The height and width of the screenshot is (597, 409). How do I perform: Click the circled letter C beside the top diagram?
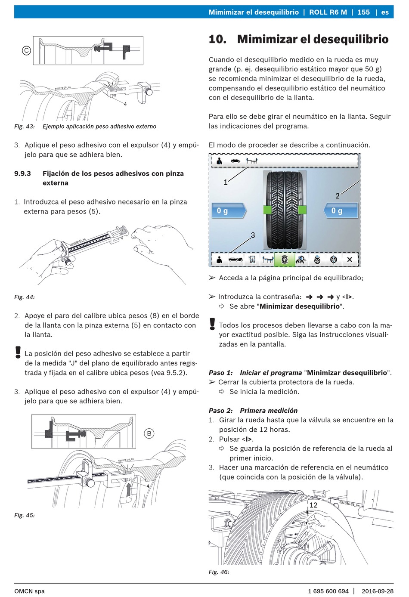tap(26, 50)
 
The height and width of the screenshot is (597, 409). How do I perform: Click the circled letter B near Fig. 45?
tap(149, 433)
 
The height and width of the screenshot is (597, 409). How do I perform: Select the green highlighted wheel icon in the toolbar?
tap(285, 259)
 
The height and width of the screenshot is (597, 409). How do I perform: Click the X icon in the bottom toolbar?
tap(350, 259)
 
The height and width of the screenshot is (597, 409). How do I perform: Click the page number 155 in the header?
tap(363, 12)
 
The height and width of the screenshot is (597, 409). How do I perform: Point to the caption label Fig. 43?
tap(25, 127)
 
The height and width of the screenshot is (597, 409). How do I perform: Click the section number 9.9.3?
tap(23, 173)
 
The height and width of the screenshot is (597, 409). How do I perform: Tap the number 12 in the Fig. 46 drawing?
tap(313, 505)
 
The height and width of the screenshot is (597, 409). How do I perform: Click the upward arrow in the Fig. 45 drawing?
tap(129, 490)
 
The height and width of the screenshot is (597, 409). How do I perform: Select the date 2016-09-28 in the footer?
tap(378, 591)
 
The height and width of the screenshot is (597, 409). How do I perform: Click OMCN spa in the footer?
tap(30, 591)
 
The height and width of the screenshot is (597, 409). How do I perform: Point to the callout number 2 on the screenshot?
tap(337, 196)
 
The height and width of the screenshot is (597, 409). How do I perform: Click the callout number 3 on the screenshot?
tap(253, 235)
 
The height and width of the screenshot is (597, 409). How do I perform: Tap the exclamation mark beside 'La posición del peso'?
tap(18, 352)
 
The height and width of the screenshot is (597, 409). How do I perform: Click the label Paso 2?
tap(221, 411)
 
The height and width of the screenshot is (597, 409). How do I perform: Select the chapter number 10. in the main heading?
tap(217, 39)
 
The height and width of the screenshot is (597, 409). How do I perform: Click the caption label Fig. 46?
tap(219, 572)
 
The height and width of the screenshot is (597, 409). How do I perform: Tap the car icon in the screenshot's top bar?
tap(235, 161)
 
